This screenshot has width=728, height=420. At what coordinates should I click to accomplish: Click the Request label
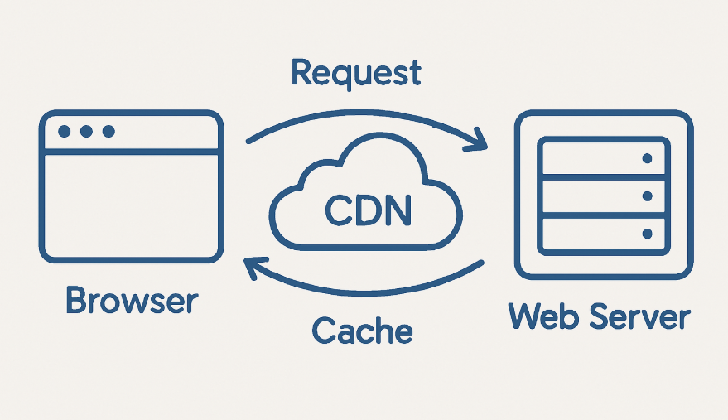(x=356, y=74)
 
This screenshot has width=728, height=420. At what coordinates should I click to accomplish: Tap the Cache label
(x=362, y=331)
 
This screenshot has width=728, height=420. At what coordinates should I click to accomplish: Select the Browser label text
(x=133, y=300)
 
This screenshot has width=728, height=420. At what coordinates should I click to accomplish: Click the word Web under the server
(x=543, y=316)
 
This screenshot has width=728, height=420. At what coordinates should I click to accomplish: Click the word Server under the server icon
(x=639, y=316)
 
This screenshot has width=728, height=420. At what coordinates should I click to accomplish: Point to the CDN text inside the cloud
(x=369, y=210)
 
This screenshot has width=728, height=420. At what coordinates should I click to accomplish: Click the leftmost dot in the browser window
(x=64, y=132)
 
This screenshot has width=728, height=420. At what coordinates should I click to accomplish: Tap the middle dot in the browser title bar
(x=86, y=132)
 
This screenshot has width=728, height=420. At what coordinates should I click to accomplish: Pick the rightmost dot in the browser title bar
(x=108, y=132)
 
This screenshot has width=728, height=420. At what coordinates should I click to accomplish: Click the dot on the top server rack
(x=647, y=159)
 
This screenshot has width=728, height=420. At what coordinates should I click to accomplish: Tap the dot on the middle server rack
(x=647, y=196)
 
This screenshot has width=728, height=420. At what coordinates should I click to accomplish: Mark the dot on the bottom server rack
(x=647, y=234)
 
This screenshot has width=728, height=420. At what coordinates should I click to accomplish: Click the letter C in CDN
(x=338, y=210)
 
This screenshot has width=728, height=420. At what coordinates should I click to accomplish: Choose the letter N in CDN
(x=398, y=210)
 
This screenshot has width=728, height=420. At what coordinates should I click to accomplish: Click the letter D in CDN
(x=368, y=210)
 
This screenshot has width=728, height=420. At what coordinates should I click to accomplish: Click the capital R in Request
(x=301, y=72)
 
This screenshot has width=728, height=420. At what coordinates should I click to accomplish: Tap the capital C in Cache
(x=324, y=331)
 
